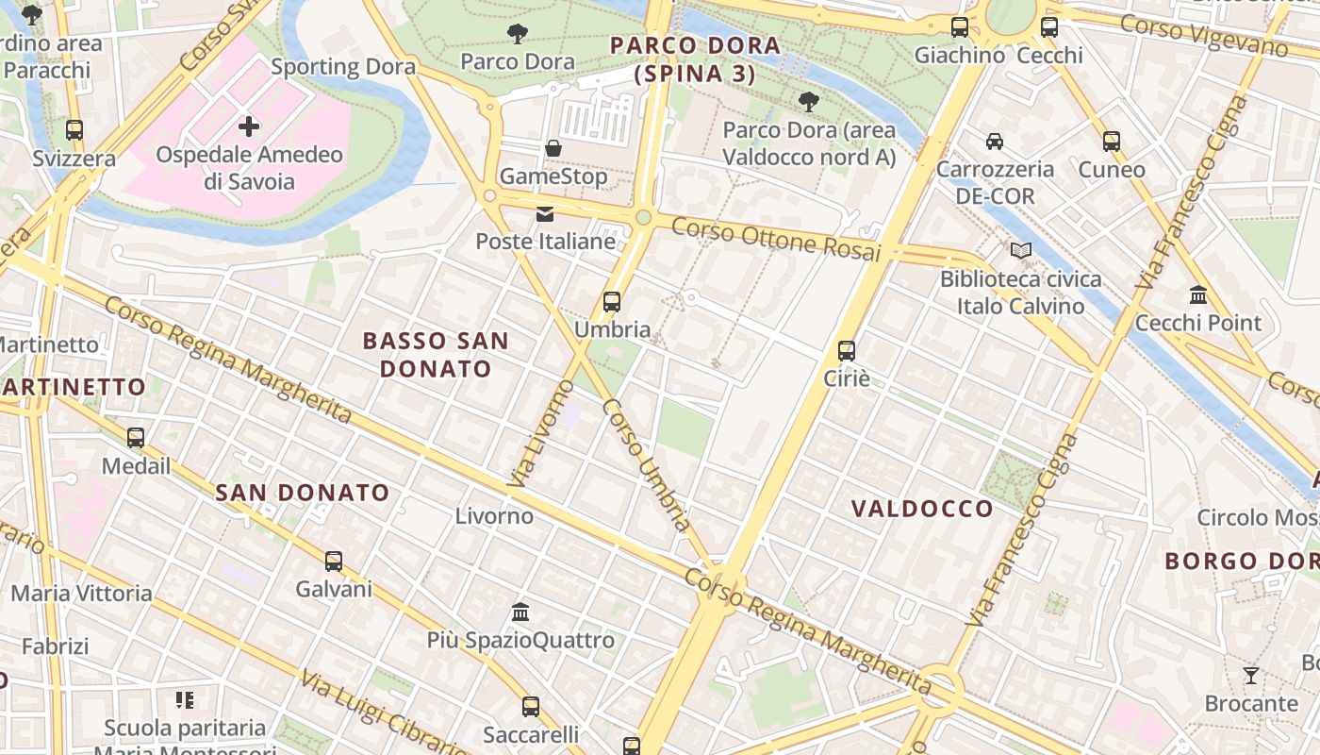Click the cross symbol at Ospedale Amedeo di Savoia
(x=249, y=126)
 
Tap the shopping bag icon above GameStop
(x=553, y=148)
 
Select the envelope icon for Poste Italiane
(x=545, y=214)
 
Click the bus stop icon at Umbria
(x=612, y=302)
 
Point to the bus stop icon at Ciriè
(x=847, y=351)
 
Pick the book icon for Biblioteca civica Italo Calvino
(x=1020, y=251)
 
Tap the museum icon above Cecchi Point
(x=1198, y=295)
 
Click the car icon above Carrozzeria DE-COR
(x=995, y=142)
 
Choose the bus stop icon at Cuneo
(x=1112, y=142)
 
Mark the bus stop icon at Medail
(x=136, y=438)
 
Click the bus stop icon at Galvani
(x=334, y=562)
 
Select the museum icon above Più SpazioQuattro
(x=520, y=612)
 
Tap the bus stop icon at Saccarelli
(x=531, y=706)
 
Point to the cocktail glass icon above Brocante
(x=1251, y=676)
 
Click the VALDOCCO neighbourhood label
(x=922, y=509)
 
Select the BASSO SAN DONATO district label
(x=436, y=354)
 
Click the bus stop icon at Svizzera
(x=74, y=130)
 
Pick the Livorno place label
(x=494, y=516)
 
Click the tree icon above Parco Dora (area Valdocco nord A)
(x=808, y=102)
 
